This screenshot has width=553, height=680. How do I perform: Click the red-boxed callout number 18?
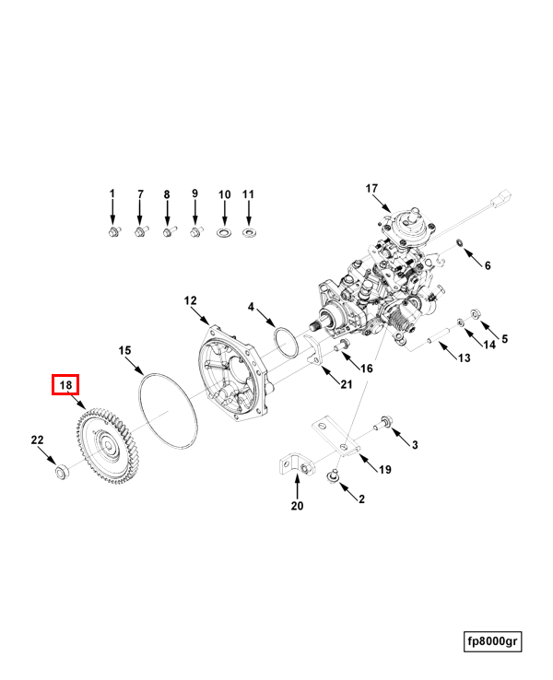pyautogui.click(x=66, y=385)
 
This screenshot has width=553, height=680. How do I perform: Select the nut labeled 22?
pyautogui.click(x=62, y=474)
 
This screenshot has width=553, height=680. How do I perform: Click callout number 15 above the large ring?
pyautogui.click(x=125, y=351)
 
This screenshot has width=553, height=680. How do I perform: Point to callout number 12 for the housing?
pyautogui.click(x=190, y=301)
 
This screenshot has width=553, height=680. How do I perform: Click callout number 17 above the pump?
pyautogui.click(x=371, y=189)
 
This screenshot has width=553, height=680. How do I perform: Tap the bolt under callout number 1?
pyautogui.click(x=113, y=231)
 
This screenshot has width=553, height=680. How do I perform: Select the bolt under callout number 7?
pyautogui.click(x=141, y=231)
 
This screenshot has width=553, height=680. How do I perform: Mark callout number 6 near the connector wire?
pyautogui.click(x=488, y=265)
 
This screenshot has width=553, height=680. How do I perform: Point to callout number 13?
pyautogui.click(x=464, y=358)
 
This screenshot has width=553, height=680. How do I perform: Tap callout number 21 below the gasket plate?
pyautogui.click(x=347, y=384)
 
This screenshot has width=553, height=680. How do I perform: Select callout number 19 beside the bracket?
pyautogui.click(x=385, y=469)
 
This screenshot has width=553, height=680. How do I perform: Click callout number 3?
pyautogui.click(x=415, y=445)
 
